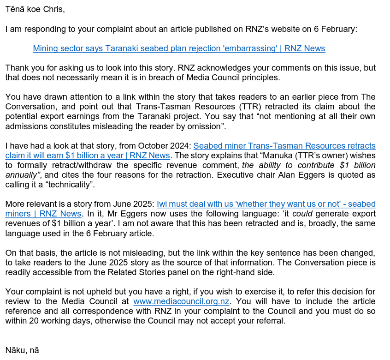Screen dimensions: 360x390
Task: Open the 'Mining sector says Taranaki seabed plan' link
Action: [x=179, y=48]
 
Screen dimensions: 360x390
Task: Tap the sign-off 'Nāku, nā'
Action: [x=22, y=350]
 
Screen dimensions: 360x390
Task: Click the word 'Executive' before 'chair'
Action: [x=259, y=175]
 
